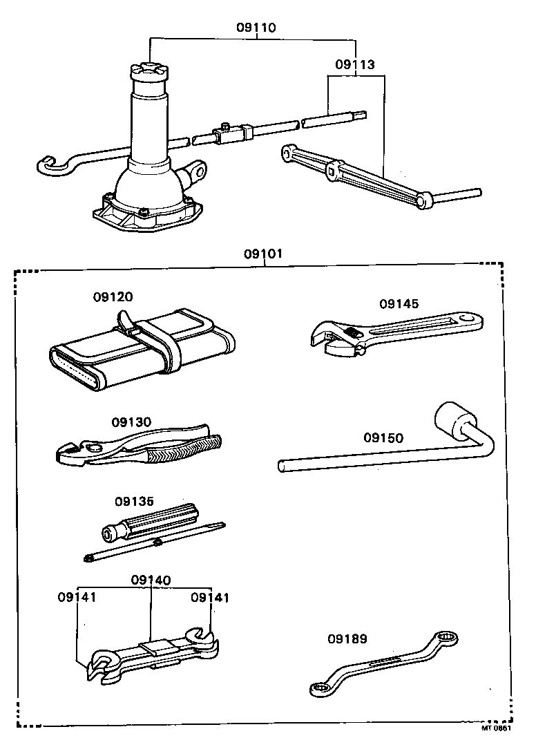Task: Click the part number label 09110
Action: click(256, 28)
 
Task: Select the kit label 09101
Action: click(262, 253)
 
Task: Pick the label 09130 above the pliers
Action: click(131, 422)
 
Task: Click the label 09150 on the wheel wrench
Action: click(383, 438)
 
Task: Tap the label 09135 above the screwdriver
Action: click(135, 501)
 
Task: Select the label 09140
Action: click(151, 580)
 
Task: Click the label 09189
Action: click(347, 639)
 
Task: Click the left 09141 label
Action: click(77, 597)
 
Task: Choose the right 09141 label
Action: click(210, 597)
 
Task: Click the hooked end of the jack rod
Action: click(47, 165)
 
